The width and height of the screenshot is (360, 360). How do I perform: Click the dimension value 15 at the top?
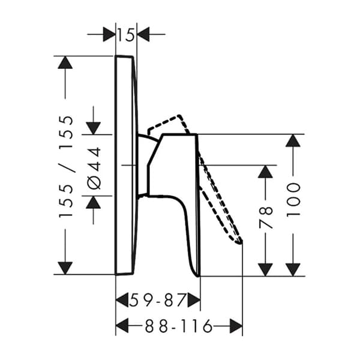[x=126, y=35]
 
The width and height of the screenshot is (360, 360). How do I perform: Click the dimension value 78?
[x=265, y=218]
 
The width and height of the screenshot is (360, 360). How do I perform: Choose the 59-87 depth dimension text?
[x=158, y=299]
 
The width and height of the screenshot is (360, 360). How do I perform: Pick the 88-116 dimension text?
[x=178, y=326]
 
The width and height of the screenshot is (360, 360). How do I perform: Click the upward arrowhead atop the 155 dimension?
[x=65, y=62]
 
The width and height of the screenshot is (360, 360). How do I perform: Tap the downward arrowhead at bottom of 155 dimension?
[x=65, y=268]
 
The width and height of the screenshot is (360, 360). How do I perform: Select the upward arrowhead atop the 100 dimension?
[x=293, y=140]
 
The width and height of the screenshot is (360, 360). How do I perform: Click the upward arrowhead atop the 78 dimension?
[x=265, y=172]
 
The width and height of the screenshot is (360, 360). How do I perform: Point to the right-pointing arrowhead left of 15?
[x=109, y=34]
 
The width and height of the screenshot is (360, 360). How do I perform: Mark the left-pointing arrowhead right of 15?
[x=143, y=34]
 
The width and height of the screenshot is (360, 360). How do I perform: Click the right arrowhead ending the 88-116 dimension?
[x=236, y=326]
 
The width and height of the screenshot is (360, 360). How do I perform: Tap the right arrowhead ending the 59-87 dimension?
[x=193, y=299]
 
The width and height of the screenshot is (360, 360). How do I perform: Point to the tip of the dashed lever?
[x=240, y=241]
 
